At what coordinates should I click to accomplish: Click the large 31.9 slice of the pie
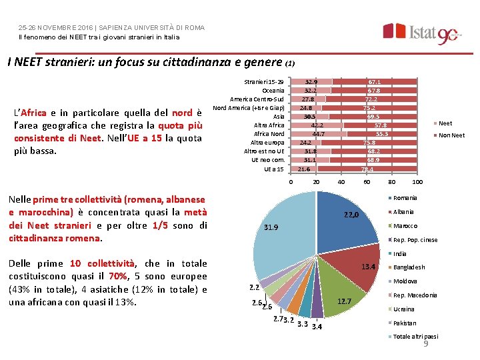280,233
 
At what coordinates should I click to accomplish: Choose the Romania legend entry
405,198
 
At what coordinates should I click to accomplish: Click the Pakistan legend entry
404,323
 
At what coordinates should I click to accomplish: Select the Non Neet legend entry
451,135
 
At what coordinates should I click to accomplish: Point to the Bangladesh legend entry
409,267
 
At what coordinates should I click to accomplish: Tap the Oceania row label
273,90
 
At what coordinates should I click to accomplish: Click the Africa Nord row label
269,134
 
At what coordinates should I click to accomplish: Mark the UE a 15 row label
271,169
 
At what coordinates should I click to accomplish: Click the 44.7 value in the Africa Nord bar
319,134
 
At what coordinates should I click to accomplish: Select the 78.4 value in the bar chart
367,169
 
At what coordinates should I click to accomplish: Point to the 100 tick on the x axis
417,182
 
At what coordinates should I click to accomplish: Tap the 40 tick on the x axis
341,182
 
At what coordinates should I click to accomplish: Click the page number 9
425,345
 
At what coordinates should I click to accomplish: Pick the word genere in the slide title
264,63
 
